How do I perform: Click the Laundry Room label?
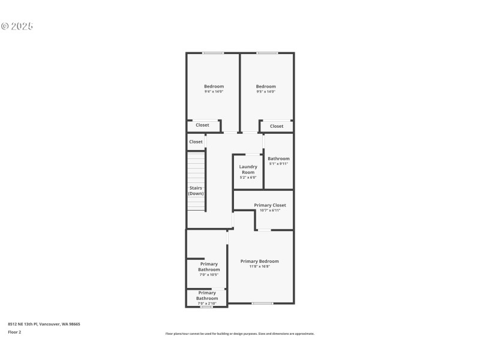(248, 169)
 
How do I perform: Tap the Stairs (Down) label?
(196, 191)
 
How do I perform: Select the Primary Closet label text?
(269, 205)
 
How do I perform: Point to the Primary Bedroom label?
(259, 261)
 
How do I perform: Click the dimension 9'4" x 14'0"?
(214, 92)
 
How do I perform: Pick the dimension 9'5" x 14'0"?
(266, 92)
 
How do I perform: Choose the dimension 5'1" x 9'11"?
(278, 164)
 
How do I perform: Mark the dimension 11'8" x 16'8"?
(259, 266)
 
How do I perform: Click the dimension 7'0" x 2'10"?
(207, 304)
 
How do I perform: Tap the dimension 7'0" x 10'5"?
(209, 275)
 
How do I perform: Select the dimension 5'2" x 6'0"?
(248, 178)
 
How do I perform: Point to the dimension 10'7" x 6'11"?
(269, 210)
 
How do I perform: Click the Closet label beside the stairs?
(196, 142)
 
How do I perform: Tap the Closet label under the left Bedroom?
(202, 125)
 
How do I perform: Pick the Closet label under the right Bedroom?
(277, 126)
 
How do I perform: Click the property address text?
(44, 324)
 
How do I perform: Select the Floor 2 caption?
(14, 331)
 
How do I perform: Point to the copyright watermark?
(17, 26)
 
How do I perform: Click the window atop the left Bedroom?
(213, 53)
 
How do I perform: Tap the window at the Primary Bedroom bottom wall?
(262, 303)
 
